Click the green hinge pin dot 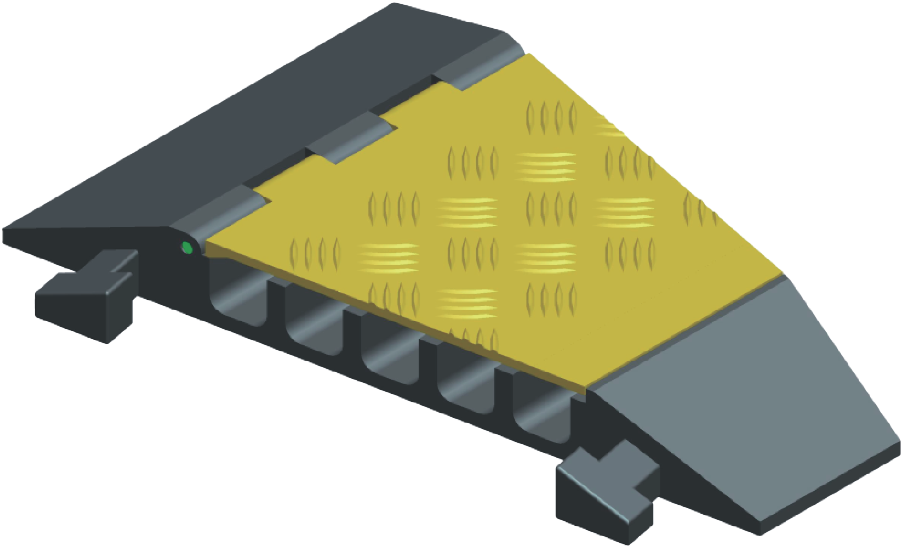click(187, 248)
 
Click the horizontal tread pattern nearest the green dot click(388, 257)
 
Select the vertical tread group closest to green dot click(315, 252)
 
